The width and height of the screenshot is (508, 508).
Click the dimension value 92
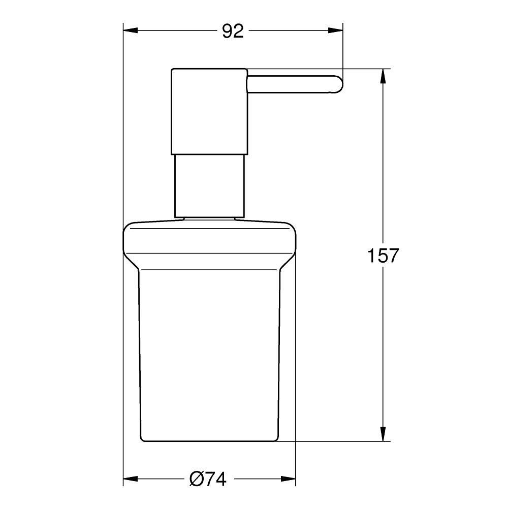click(x=233, y=31)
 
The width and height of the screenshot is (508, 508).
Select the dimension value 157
click(x=384, y=256)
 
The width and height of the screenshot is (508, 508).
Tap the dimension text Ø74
click(x=207, y=479)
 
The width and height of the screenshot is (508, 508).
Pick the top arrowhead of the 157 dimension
click(x=384, y=76)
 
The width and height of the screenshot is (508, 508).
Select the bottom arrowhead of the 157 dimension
click(x=384, y=434)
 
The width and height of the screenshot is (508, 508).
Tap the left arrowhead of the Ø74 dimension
click(x=130, y=479)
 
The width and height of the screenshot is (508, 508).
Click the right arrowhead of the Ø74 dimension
click(x=289, y=479)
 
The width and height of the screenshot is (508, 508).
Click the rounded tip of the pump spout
click(x=338, y=84)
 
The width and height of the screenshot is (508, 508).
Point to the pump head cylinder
click(x=209, y=110)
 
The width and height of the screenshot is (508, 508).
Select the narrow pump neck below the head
click(x=209, y=185)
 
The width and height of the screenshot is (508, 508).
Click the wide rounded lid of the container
click(x=209, y=241)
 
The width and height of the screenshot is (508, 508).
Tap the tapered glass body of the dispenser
click(x=209, y=351)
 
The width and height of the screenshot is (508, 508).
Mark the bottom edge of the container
click(x=209, y=440)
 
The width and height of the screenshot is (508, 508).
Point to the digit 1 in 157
click(x=371, y=256)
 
